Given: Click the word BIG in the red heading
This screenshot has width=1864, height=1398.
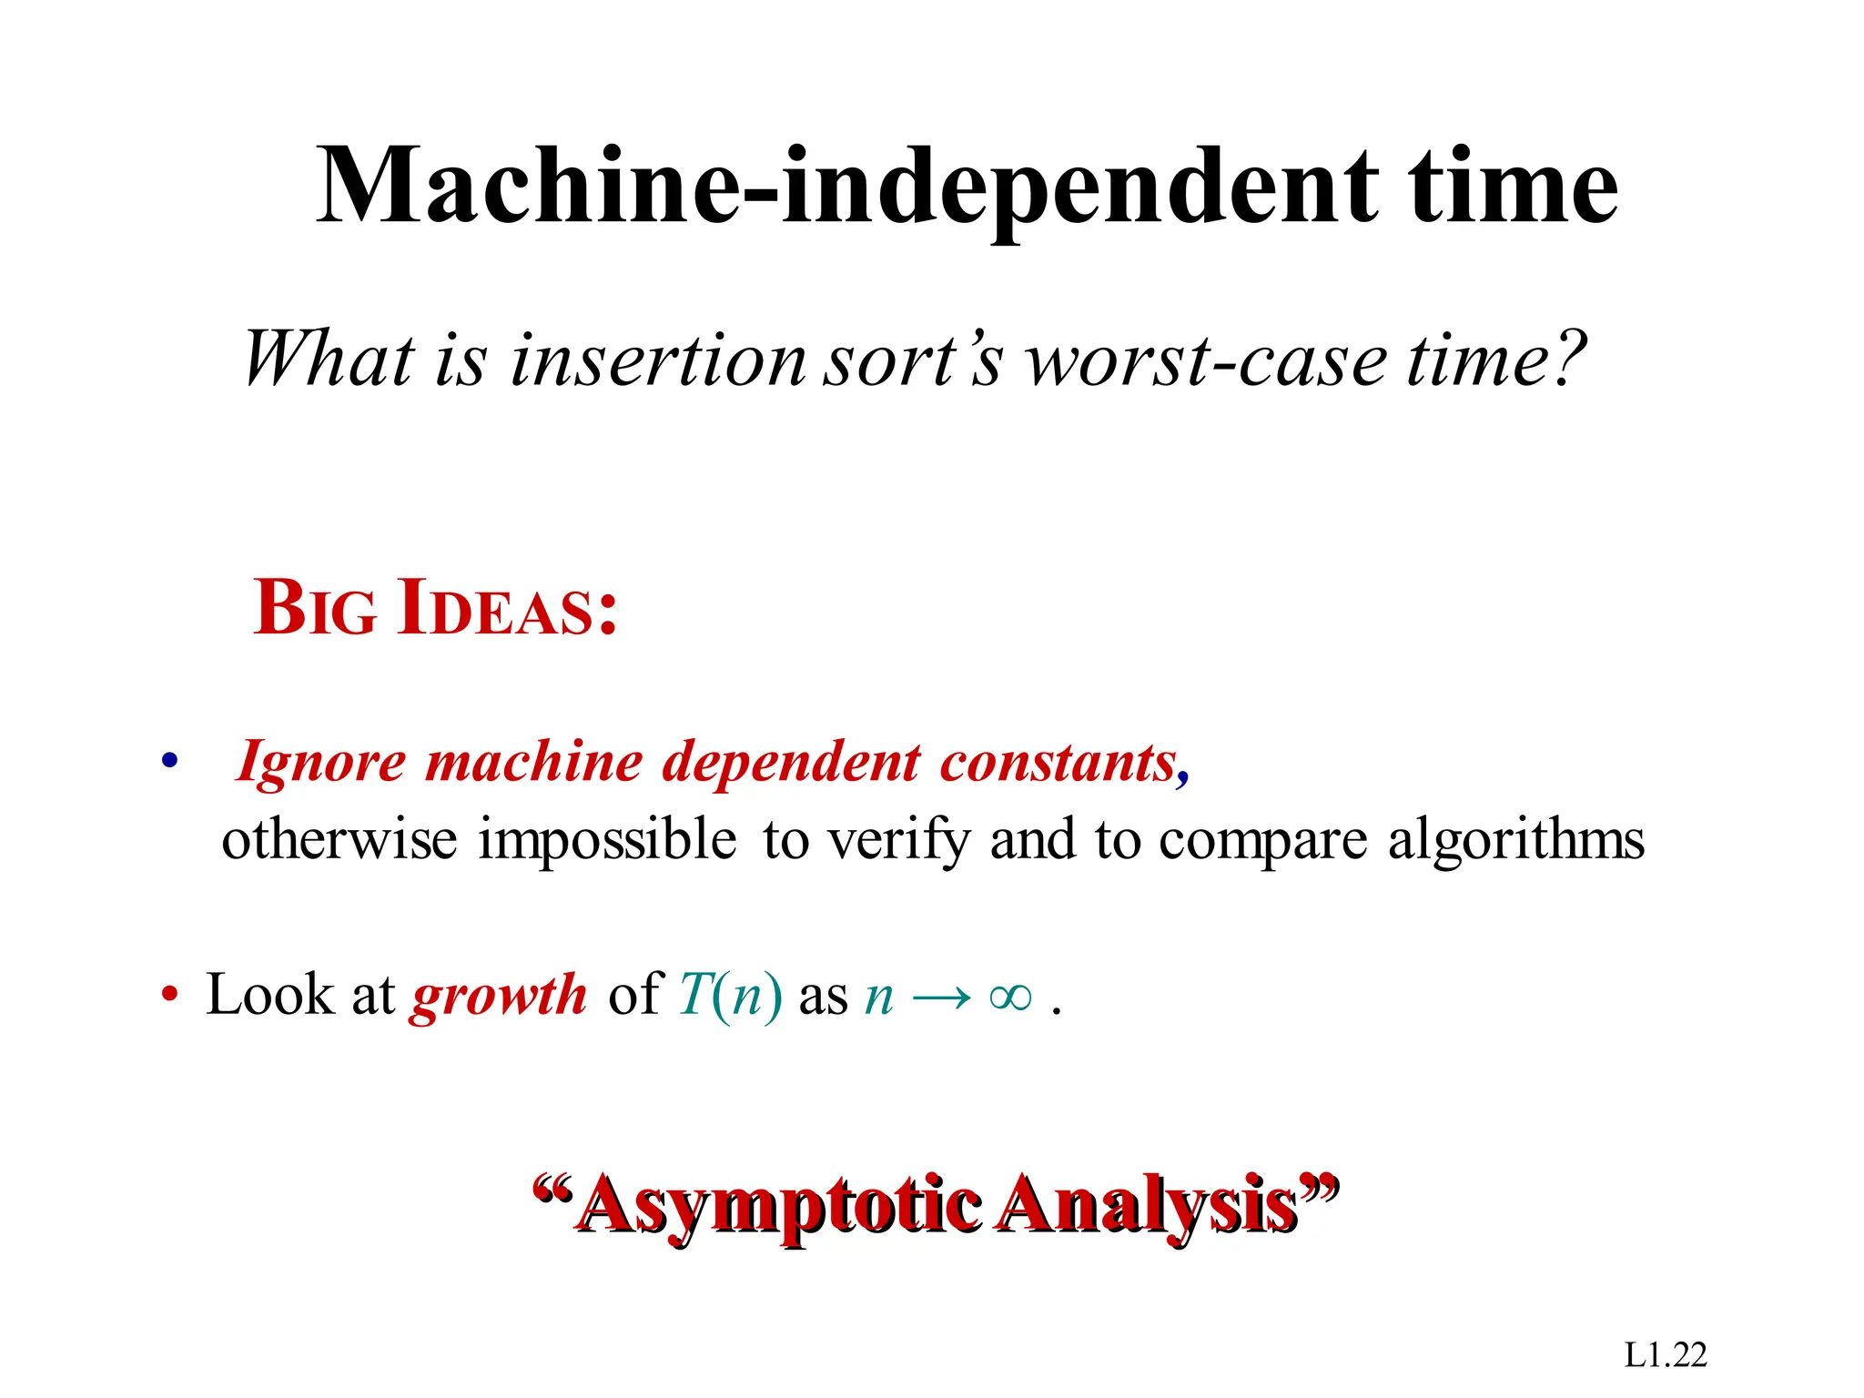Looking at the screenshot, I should (x=314, y=608).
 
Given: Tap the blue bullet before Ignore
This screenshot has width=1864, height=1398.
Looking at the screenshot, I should (x=168, y=761).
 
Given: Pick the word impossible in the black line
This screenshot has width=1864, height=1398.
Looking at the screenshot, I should (x=607, y=839).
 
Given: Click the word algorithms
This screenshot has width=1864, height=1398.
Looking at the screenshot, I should (x=1515, y=839).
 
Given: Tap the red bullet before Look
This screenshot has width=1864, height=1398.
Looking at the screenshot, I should (x=168, y=995).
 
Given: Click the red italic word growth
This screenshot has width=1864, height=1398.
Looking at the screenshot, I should (x=499, y=995).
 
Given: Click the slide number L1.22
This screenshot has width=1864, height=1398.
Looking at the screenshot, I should (x=1665, y=1355).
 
